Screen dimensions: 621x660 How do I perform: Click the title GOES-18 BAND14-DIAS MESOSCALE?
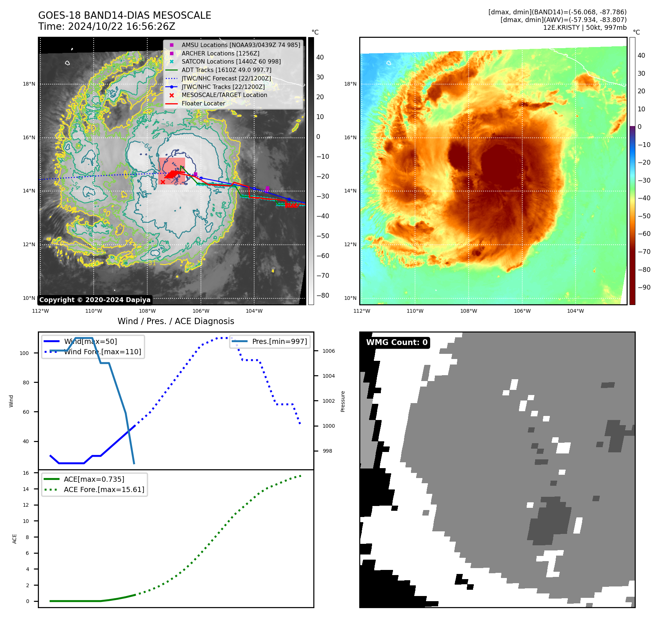[125, 15]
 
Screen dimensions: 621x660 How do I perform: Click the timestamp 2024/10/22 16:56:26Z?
[121, 26]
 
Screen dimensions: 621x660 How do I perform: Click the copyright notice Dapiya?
[95, 300]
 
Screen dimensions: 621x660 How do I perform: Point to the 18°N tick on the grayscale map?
[29, 84]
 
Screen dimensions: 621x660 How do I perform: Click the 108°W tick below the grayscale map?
[147, 311]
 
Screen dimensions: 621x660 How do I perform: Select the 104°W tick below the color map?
[575, 311]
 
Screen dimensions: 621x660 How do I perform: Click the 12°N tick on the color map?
[350, 244]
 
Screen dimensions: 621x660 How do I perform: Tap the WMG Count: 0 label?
[397, 342]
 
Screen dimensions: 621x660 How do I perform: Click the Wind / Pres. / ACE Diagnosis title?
[176, 321]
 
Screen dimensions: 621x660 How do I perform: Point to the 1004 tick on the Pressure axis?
[328, 376]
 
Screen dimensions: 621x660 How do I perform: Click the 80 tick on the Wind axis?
[26, 383]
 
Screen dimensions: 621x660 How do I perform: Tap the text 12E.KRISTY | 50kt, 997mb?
[585, 28]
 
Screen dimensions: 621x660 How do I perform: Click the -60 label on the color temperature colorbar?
[644, 234]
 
